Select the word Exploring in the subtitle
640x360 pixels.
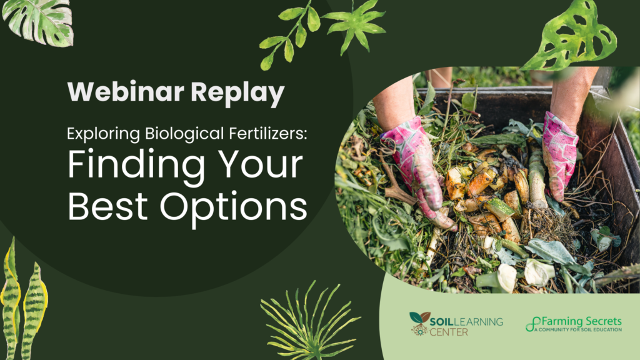(104, 134)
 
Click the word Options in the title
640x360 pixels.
(233, 209)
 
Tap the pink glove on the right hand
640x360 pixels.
(559, 156)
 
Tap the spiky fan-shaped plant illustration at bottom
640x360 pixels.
(310, 323)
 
